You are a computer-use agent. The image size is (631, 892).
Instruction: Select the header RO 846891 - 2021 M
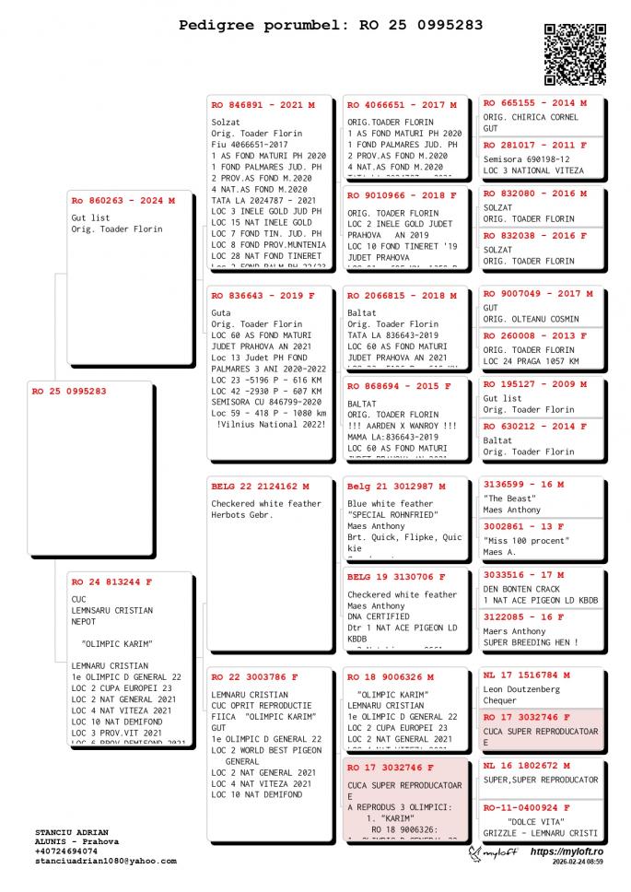(263, 105)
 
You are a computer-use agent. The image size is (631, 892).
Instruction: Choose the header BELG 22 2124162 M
(260, 486)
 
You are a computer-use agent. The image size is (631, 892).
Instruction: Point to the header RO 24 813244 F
(112, 581)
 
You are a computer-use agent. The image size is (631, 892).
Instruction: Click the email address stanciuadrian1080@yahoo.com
(106, 861)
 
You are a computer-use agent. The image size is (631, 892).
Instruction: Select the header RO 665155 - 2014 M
(535, 103)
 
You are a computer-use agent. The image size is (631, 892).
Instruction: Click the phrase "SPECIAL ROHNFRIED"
(392, 515)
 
